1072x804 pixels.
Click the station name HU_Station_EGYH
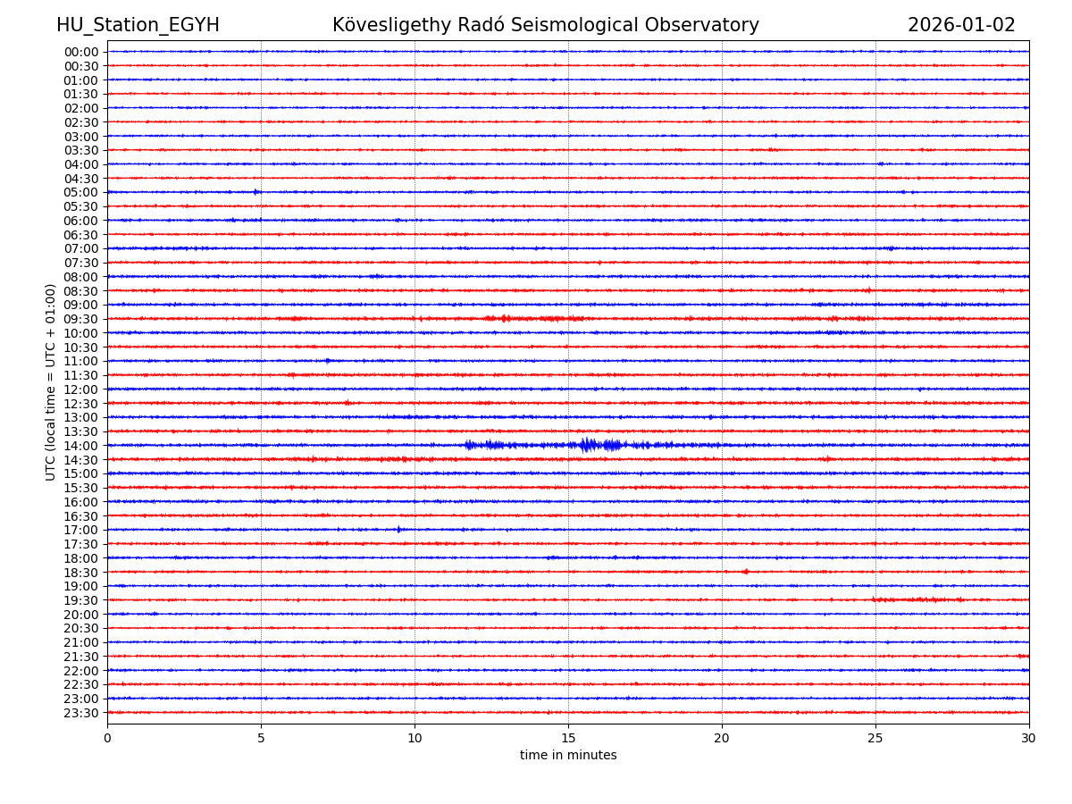coord(138,26)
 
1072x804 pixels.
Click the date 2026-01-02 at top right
coord(961,26)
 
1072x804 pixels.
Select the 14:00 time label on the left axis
coord(81,446)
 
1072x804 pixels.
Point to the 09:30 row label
coord(81,319)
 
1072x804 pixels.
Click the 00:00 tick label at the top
coord(81,52)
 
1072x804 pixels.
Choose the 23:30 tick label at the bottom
coord(81,713)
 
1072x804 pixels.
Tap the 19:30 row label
coord(81,600)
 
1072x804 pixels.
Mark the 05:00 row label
coord(81,192)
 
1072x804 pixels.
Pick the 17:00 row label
coord(81,530)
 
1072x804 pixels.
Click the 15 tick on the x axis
coord(568,739)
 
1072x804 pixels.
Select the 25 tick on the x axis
coord(875,739)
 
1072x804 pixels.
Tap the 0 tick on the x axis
coord(107,739)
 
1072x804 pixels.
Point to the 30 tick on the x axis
coord(1029,739)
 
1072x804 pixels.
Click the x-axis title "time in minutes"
coord(568,756)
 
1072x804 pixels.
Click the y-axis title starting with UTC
coord(52,381)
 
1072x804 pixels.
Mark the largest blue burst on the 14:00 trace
coord(588,445)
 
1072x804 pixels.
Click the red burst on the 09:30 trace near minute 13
coord(505,318)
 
